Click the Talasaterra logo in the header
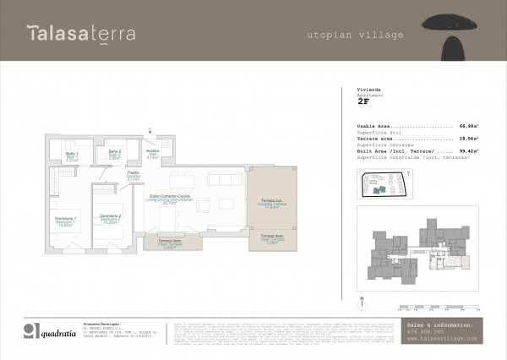coord(74,34)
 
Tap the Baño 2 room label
coord(114,155)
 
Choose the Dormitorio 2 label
coord(108,220)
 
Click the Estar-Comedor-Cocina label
coord(169,200)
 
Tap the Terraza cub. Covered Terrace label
coord(274,204)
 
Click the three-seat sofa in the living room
coord(225,179)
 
